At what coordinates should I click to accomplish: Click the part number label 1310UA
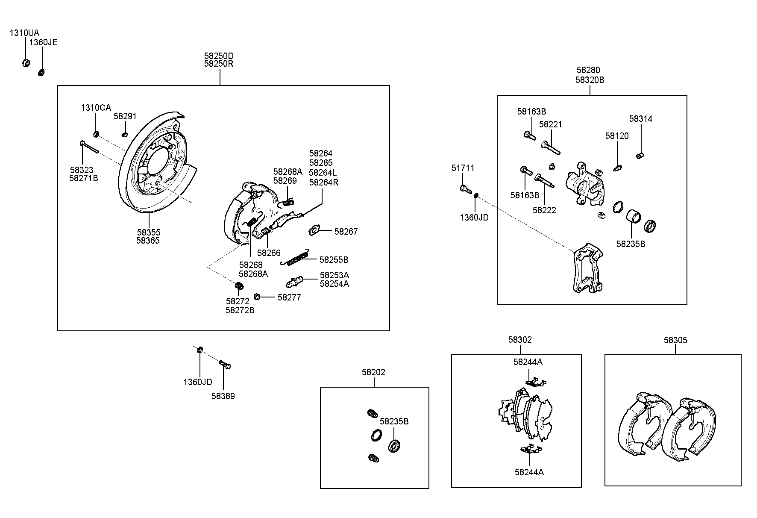tap(24, 33)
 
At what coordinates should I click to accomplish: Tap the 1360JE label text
tap(43, 42)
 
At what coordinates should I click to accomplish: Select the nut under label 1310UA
tap(25, 63)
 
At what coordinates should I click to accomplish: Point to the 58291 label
tap(125, 116)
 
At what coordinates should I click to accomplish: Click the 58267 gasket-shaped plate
tap(315, 231)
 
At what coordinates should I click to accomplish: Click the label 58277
tap(289, 297)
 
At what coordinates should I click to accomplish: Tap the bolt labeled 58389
tap(225, 365)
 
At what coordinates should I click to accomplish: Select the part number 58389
tap(223, 396)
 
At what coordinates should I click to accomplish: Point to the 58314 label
tap(641, 119)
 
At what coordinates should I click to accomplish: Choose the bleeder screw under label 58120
tap(618, 168)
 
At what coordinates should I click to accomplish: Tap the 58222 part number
tap(544, 210)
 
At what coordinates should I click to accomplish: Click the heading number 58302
tap(520, 340)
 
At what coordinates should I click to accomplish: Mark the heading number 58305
tap(675, 340)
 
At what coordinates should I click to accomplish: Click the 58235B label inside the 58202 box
tap(394, 421)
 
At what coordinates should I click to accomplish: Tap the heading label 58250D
tap(219, 56)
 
